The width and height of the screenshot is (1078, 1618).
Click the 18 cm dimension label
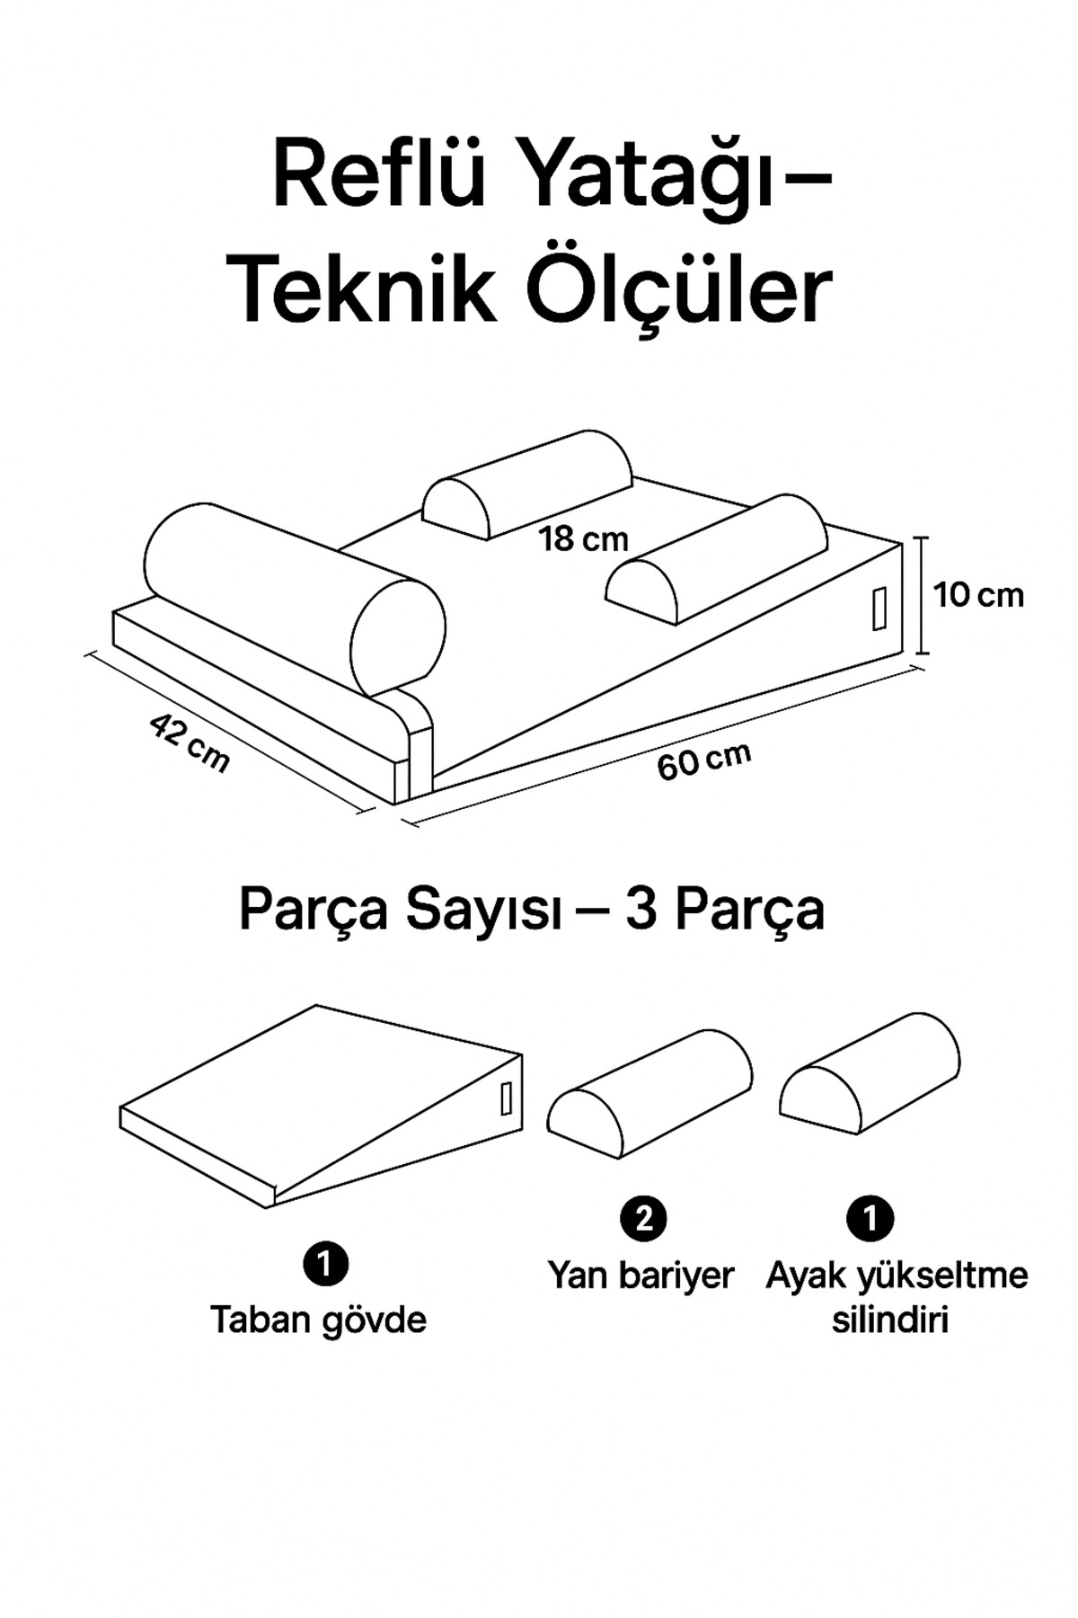(583, 539)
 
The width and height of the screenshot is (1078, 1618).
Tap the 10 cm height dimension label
(977, 595)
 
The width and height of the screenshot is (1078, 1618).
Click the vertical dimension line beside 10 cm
(921, 595)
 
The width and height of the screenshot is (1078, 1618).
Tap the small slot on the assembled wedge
(879, 609)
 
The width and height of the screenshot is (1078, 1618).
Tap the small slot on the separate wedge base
(506, 1098)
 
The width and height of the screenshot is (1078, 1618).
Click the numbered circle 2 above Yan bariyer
(643, 1219)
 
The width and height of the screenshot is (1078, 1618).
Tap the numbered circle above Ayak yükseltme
(870, 1219)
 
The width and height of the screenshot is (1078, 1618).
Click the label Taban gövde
(318, 1320)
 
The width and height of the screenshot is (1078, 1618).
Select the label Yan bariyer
(641, 1275)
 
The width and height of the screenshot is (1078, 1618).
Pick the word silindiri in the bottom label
(889, 1321)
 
